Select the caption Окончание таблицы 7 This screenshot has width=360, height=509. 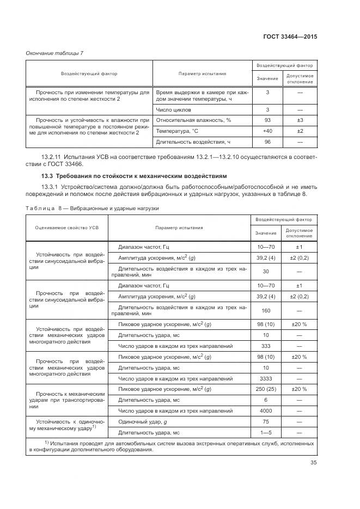(54, 53)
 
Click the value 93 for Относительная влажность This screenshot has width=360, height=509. (267, 120)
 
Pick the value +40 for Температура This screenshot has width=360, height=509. (267, 131)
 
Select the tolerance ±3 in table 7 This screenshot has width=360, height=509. (300, 120)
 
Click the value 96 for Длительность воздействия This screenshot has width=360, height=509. (267, 143)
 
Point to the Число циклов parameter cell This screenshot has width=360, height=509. (169, 109)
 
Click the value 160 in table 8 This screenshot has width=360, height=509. (266, 311)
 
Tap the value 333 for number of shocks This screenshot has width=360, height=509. (266, 346)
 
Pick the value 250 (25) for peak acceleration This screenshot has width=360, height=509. (266, 389)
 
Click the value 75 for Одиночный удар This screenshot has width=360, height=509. (266, 421)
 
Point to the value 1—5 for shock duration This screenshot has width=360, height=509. (266, 432)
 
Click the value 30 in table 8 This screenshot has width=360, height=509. (266, 271)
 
